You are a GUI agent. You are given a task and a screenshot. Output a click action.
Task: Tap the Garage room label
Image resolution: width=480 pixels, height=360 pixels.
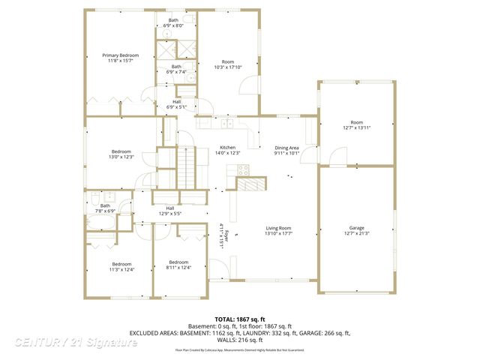pyautogui.click(x=356, y=227)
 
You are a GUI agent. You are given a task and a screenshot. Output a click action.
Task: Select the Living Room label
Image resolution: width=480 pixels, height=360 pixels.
pyautogui.click(x=277, y=228)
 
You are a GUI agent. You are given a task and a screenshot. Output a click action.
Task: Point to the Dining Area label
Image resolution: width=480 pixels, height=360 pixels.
pyautogui.click(x=286, y=148)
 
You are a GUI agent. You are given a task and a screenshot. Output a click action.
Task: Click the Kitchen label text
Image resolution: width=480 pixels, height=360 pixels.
pyautogui.click(x=228, y=147)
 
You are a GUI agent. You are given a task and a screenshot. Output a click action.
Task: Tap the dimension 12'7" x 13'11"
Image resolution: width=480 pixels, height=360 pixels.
pyautogui.click(x=356, y=127)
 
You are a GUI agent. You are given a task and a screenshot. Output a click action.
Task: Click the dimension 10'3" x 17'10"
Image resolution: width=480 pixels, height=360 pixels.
pyautogui.click(x=228, y=67)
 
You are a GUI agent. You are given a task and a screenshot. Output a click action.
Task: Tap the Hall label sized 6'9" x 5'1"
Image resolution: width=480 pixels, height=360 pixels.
pyautogui.click(x=177, y=106)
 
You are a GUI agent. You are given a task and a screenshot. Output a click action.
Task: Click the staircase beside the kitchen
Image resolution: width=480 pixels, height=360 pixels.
pyautogui.click(x=185, y=167)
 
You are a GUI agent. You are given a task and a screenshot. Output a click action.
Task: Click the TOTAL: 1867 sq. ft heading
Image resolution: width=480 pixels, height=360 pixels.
pyautogui.click(x=240, y=319)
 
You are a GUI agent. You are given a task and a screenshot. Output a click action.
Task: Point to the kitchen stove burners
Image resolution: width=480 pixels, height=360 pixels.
pyautogui.click(x=243, y=169)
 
